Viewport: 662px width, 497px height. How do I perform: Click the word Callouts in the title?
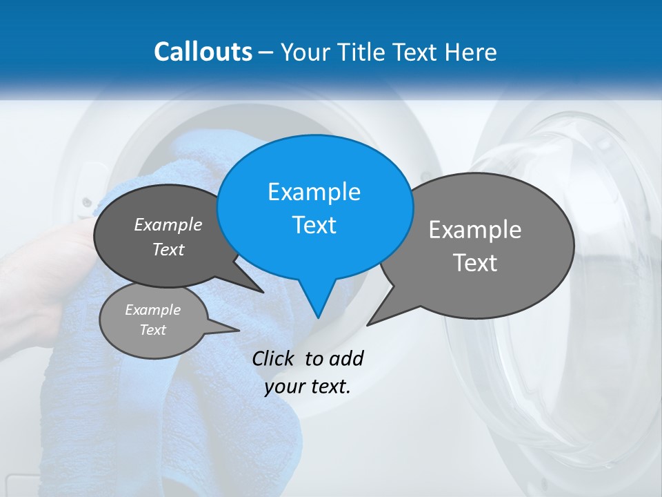pyautogui.click(x=203, y=52)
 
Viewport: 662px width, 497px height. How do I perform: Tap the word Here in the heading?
pyautogui.click(x=471, y=52)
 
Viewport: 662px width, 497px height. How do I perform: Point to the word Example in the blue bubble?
pyautogui.click(x=314, y=192)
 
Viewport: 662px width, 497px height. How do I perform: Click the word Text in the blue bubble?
pyautogui.click(x=314, y=225)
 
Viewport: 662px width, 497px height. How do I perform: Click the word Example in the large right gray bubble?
pyautogui.click(x=475, y=229)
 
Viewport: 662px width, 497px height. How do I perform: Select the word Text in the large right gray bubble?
pyautogui.click(x=475, y=263)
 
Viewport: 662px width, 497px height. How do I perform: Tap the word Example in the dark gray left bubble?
pyautogui.click(x=168, y=224)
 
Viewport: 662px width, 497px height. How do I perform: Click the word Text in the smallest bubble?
pyautogui.click(x=152, y=330)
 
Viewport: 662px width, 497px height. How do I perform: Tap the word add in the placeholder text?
pyautogui.click(x=346, y=358)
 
